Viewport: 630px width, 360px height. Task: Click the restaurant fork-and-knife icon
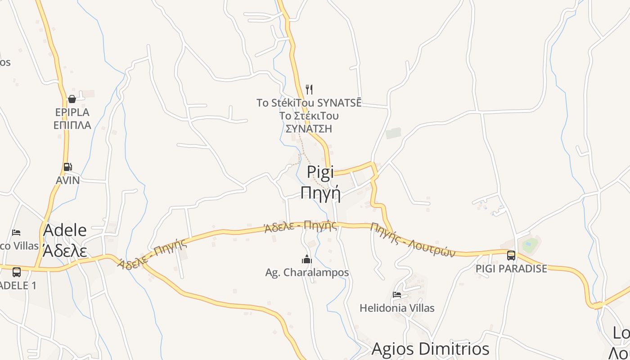[309, 89]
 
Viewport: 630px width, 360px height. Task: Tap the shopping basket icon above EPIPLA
[72, 99]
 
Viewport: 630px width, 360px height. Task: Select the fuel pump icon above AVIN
[67, 167]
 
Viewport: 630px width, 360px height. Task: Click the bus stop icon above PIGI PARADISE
[511, 256]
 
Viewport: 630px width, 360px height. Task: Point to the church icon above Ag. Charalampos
[307, 259]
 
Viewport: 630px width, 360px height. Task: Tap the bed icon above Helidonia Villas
[397, 295]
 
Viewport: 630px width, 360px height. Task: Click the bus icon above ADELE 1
[17, 272]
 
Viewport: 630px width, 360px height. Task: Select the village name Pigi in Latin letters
[320, 171]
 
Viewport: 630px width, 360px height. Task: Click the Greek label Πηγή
[320, 193]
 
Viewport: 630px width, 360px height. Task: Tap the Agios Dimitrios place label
[430, 349]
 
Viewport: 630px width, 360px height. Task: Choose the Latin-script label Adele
[65, 230]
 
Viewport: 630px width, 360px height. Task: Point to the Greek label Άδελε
[64, 251]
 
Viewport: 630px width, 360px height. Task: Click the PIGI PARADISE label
[512, 269]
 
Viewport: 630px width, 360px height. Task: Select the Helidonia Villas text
[397, 308]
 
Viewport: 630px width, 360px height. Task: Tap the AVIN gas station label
[67, 180]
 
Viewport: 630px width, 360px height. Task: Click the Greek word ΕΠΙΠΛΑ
[72, 125]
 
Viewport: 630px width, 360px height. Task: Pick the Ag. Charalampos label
[307, 272]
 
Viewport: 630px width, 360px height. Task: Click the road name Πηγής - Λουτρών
[413, 240]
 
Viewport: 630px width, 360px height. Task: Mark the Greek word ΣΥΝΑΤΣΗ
[309, 129]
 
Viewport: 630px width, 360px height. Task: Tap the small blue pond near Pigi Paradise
[530, 245]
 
